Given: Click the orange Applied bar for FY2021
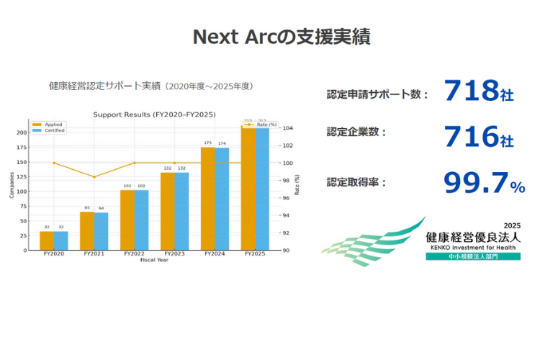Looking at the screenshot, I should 87,231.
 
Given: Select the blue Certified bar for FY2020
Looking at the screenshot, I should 60,241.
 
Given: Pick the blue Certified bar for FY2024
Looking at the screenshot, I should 222,199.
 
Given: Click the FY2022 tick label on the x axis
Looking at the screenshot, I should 134,254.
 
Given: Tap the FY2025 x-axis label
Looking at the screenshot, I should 255,254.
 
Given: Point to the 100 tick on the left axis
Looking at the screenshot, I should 22,192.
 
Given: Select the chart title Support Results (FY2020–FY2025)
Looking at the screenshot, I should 154,114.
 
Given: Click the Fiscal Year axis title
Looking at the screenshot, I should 154,260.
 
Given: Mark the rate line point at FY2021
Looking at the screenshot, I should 94,177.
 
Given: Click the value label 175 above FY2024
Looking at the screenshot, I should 208,143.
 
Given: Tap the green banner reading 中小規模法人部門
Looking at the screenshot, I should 472,256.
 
